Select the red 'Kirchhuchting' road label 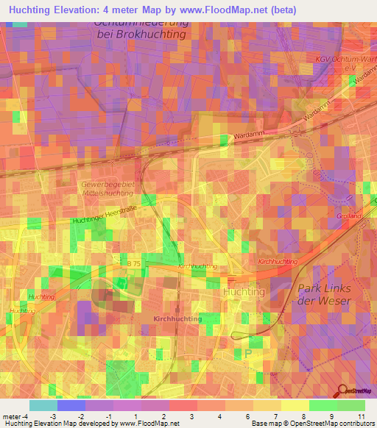(x=278, y=262)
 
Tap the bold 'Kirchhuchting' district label (x=178, y=318)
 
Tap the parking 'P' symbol (x=247, y=353)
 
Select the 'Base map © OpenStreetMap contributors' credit (x=311, y=424)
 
